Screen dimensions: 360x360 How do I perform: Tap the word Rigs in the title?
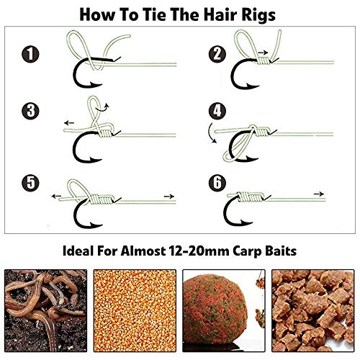coord(256,14)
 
